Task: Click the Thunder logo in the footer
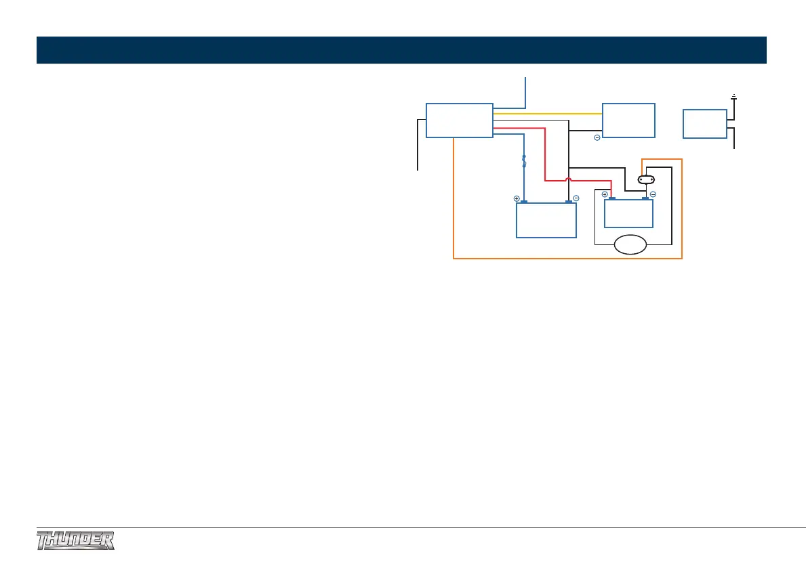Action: click(75, 541)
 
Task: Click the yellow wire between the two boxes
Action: click(548, 114)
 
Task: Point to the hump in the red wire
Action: click(569, 181)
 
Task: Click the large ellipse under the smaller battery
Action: click(630, 244)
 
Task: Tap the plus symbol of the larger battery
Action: click(517, 199)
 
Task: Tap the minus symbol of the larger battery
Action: click(576, 198)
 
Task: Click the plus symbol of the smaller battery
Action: click(605, 194)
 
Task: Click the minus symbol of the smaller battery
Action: click(652, 194)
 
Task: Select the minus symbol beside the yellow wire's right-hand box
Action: click(597, 138)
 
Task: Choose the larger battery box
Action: click(546, 220)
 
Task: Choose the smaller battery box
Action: click(628, 213)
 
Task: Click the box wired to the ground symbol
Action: click(705, 123)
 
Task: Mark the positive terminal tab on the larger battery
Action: click(524, 202)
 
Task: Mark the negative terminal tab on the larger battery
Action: click(568, 202)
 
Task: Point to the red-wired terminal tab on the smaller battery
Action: click(611, 198)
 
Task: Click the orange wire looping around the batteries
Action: click(567, 259)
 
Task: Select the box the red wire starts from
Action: click(459, 120)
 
